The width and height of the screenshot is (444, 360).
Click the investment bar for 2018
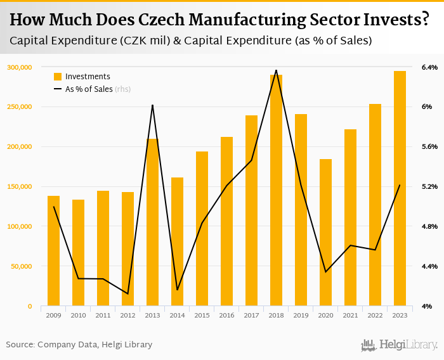click(x=276, y=190)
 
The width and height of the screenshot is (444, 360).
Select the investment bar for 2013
click(x=152, y=222)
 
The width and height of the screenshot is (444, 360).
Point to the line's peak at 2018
click(x=276, y=70)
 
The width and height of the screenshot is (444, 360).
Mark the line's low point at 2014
click(x=177, y=290)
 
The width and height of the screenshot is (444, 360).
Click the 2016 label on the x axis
click(x=226, y=315)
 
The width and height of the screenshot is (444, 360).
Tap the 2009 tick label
click(x=53, y=315)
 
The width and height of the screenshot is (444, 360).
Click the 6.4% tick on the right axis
click(x=429, y=67)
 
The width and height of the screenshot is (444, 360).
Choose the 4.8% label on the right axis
click(x=429, y=226)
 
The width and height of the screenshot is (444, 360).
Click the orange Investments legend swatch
click(x=58, y=77)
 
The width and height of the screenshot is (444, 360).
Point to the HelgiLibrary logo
click(x=399, y=345)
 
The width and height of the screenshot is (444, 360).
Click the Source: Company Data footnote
click(x=79, y=345)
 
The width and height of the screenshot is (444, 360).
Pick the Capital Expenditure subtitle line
click(x=190, y=41)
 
